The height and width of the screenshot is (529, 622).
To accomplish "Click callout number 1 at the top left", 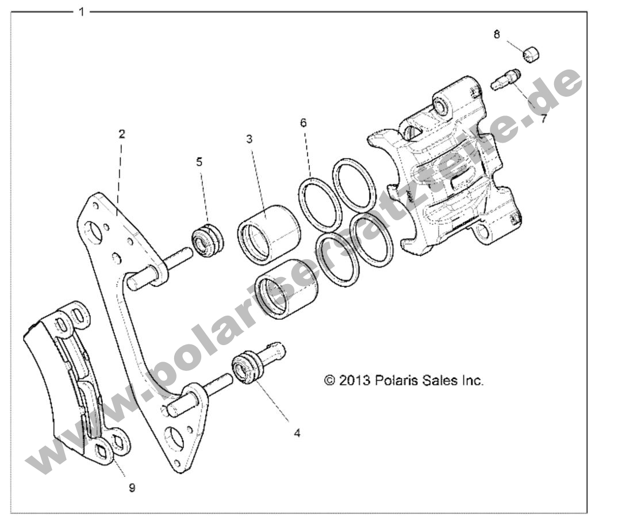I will (x=82, y=11).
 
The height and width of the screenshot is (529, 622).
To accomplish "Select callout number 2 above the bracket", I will (x=121, y=134).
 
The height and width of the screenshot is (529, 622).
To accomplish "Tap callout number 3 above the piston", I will (x=249, y=139).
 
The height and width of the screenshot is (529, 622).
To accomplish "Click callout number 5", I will (x=199, y=162).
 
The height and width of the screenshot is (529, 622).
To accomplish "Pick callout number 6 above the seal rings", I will (x=303, y=122).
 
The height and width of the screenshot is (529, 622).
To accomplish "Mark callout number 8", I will (x=497, y=34).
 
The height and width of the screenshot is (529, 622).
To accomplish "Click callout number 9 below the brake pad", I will (x=132, y=487).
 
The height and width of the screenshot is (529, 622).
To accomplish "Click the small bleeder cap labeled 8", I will (x=531, y=56).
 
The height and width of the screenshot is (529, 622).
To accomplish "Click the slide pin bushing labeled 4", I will (x=246, y=370).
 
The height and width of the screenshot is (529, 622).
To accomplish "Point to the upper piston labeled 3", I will (x=269, y=234).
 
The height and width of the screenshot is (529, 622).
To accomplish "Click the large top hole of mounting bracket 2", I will (x=93, y=232).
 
